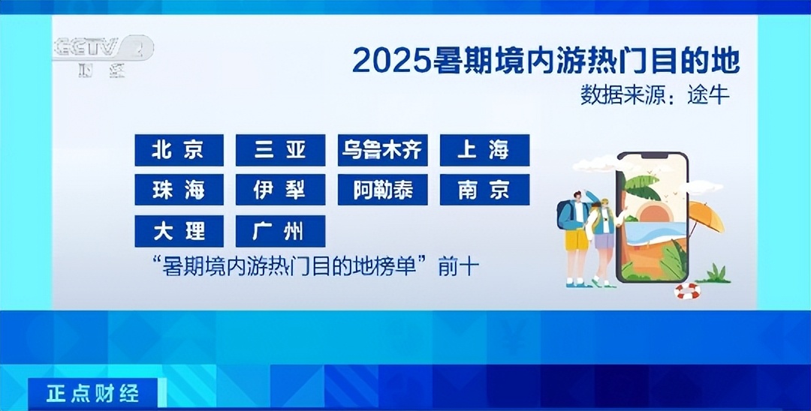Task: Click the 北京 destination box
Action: [x=179, y=150]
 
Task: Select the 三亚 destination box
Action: [x=280, y=150]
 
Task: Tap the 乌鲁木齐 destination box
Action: [x=383, y=150]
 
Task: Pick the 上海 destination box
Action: [x=484, y=150]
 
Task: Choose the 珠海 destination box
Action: [x=179, y=190]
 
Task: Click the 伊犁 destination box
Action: [x=280, y=190]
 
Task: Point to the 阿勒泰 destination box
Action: [x=383, y=190]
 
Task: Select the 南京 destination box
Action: [x=484, y=190]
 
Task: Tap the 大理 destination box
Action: [x=179, y=231]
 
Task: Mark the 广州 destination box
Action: [x=280, y=231]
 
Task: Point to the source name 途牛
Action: [x=708, y=95]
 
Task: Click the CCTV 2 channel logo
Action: [x=103, y=55]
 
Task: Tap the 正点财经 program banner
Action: [x=93, y=394]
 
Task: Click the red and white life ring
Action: [x=687, y=292]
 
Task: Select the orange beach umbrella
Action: [x=705, y=216]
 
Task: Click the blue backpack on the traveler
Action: [x=565, y=214]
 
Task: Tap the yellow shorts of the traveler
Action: [x=576, y=239]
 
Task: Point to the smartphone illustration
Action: [x=653, y=217]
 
